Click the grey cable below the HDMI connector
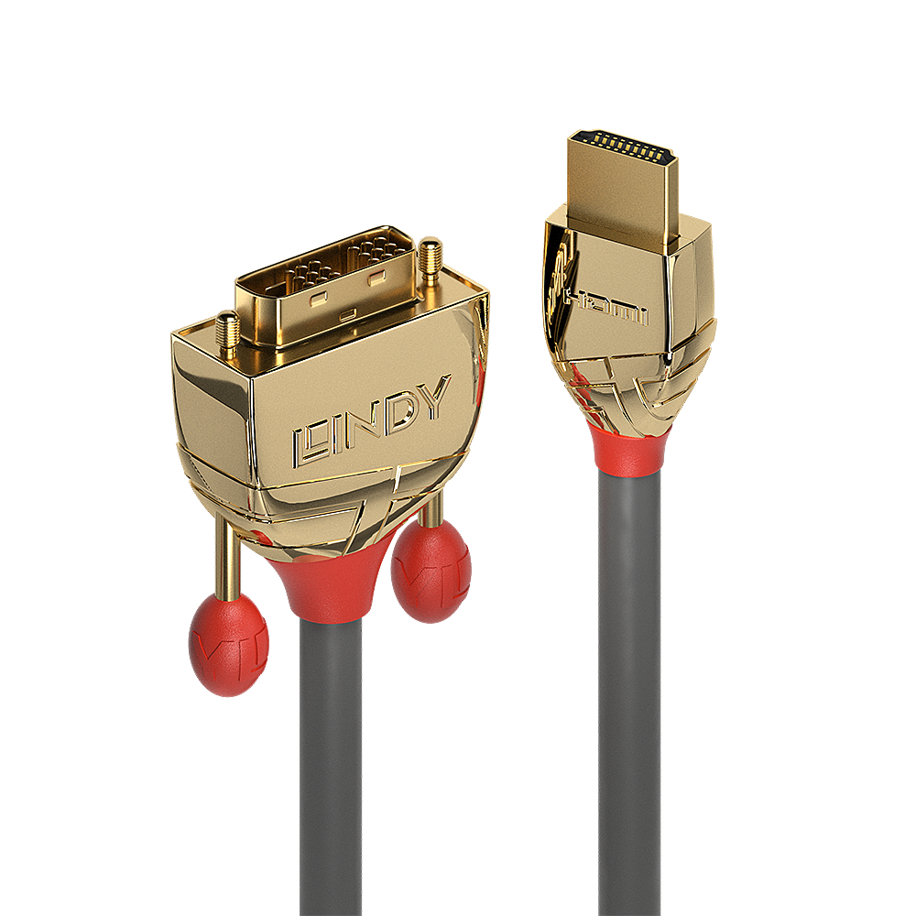coord(629,687)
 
